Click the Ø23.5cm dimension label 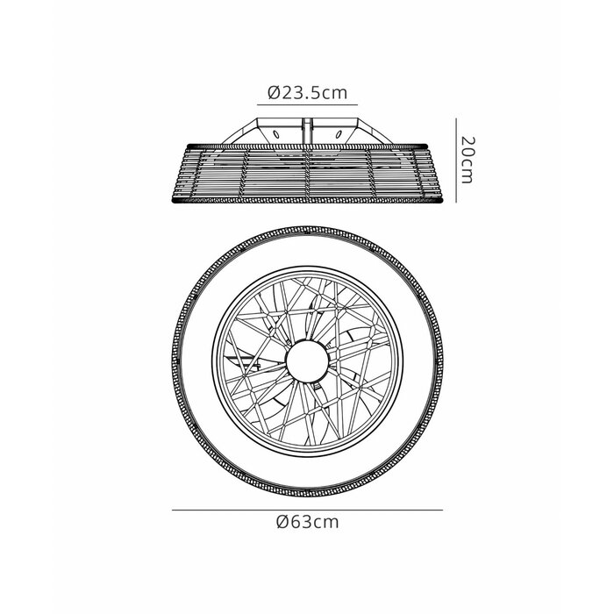tap(307, 93)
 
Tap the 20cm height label tap(467, 160)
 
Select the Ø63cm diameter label tap(307, 522)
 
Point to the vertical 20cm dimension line tap(456, 161)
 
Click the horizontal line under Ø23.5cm tap(307, 105)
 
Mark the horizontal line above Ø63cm tap(307, 510)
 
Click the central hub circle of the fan tap(307, 361)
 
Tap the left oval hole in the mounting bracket tap(276, 135)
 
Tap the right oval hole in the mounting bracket tap(339, 135)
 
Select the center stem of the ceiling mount tap(307, 132)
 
